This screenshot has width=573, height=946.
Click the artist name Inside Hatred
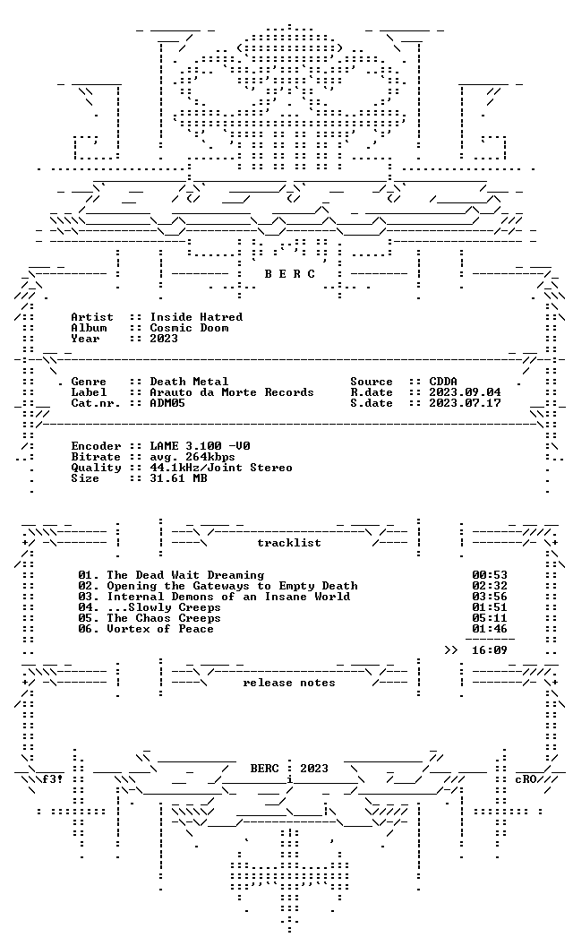pyautogui.click(x=196, y=317)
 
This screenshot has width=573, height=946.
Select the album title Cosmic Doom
pyautogui.click(x=190, y=328)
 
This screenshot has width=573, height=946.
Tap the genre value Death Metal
pyautogui.click(x=190, y=382)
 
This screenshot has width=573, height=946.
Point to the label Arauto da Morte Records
pyautogui.click(x=232, y=392)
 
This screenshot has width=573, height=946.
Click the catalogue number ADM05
pyautogui.click(x=167, y=403)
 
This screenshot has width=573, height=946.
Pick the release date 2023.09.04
pyautogui.click(x=465, y=392)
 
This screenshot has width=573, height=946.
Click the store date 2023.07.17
pyautogui.click(x=465, y=403)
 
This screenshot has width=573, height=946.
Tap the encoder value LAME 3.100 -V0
pyautogui.click(x=201, y=446)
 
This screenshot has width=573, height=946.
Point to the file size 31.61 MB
pyautogui.click(x=178, y=478)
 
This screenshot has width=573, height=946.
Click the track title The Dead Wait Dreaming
pyautogui.click(x=185, y=575)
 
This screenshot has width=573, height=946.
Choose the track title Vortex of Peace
pyautogui.click(x=160, y=629)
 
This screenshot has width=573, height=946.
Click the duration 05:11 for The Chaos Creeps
pyautogui.click(x=490, y=618)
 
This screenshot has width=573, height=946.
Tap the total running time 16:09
pyautogui.click(x=490, y=650)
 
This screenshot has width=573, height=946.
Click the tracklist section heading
pyautogui.click(x=289, y=543)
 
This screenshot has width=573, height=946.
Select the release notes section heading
pyautogui.click(x=289, y=683)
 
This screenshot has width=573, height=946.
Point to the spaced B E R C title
pyautogui.click(x=289, y=274)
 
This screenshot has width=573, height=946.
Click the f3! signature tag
pyautogui.click(x=53, y=778)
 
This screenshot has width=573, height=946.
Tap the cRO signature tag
pyautogui.click(x=526, y=778)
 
